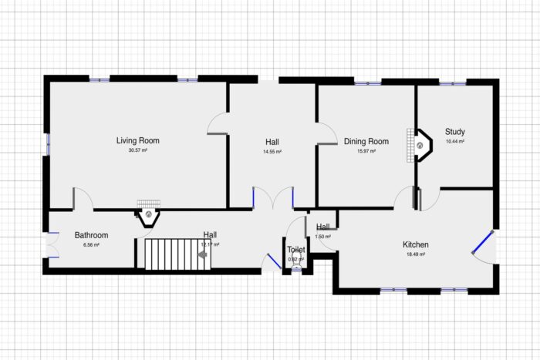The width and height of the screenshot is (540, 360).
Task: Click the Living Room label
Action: coord(137,140)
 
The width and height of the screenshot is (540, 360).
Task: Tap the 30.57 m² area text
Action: coord(137,150)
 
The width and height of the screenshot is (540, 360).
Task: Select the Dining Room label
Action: coord(366,141)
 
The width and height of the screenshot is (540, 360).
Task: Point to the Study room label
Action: coord(454,132)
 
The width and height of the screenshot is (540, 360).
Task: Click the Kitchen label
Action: coord(415,245)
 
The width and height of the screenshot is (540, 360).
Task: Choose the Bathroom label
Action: coord(91,235)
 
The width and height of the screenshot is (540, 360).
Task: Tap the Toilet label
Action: coord(296,250)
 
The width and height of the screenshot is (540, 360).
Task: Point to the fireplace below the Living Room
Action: coord(147,216)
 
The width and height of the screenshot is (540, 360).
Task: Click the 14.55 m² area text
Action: coord(272,152)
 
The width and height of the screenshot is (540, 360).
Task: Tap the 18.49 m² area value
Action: coord(415,255)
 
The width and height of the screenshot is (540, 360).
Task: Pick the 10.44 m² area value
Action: coord(454,142)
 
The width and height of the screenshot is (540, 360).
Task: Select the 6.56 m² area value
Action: coord(91,245)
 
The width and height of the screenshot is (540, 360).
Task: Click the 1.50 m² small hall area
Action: coord(322,237)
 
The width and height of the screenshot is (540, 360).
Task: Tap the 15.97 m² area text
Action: coord(366,151)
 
